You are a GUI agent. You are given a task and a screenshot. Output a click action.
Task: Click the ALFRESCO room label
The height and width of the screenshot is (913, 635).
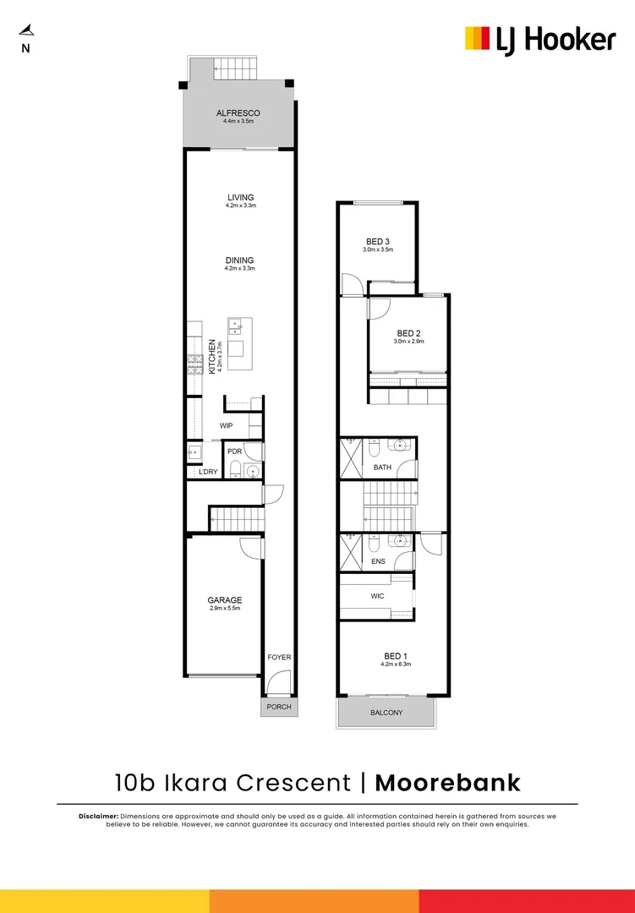click(238, 113)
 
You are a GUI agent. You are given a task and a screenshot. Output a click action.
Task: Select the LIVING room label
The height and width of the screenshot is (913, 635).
click(240, 198)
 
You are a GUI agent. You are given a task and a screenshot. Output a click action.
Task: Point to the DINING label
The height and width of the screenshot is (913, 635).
click(240, 260)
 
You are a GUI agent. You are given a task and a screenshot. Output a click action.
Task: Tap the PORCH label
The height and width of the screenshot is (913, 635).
click(278, 707)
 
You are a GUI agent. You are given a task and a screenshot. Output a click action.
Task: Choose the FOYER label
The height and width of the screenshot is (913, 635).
click(279, 657)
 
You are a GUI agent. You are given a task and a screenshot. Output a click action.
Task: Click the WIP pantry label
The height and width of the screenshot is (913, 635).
click(226, 425)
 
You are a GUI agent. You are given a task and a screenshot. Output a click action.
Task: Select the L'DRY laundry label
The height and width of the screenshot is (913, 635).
click(207, 471)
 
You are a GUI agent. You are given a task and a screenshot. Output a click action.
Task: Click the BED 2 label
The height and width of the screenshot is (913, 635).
click(408, 333)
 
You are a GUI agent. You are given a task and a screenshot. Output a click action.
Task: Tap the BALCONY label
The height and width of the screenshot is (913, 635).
click(386, 713)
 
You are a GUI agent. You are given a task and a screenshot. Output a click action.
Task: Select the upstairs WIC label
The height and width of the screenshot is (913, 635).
click(377, 596)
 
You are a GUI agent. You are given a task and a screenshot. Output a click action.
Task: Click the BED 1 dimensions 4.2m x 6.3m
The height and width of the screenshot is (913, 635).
click(395, 664)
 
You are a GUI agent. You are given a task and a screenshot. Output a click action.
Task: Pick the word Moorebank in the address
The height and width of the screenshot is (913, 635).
click(447, 782)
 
